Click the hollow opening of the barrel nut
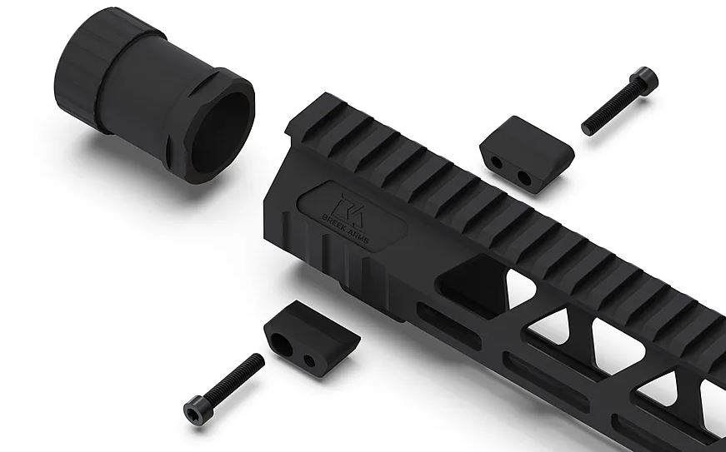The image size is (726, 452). click(220, 133)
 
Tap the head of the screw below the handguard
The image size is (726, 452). click(198, 410)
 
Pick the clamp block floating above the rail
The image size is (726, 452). click(527, 154)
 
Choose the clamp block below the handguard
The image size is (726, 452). click(312, 338)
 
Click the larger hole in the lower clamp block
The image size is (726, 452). click(281, 345)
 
